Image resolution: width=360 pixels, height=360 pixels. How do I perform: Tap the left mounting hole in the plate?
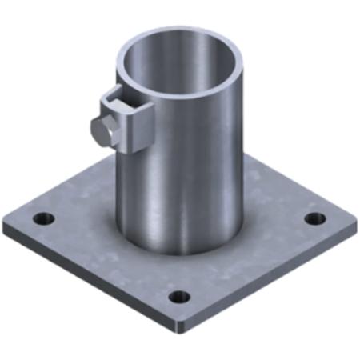click(42, 218)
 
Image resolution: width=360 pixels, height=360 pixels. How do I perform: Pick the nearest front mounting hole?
click(181, 297)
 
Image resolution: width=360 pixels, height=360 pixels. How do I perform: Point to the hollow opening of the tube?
click(178, 60)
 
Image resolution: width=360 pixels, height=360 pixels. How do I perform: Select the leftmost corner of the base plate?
click(6, 226)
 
